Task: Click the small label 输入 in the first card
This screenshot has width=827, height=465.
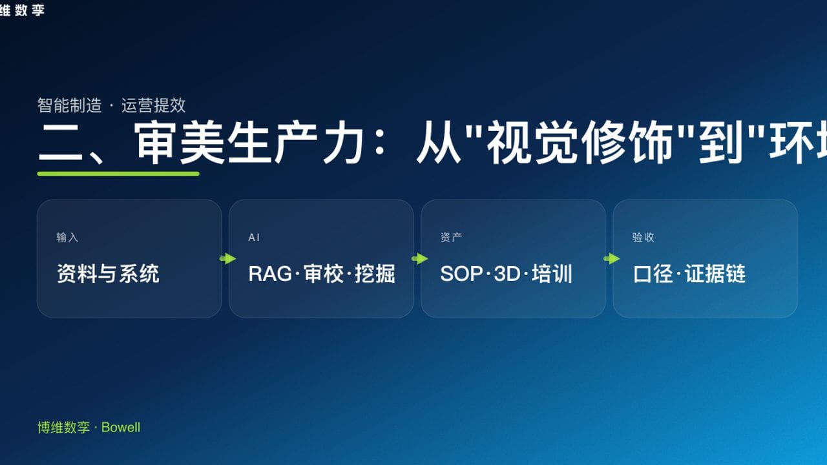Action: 67,238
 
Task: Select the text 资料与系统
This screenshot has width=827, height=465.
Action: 108,274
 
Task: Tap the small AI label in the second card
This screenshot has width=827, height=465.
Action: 254,238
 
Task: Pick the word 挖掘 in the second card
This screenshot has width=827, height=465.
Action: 375,274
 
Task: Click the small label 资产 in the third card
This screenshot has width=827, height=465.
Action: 451,238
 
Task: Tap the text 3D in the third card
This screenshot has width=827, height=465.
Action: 507,274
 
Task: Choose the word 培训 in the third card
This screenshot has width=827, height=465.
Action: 552,274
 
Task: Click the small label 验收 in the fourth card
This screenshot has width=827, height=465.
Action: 643,238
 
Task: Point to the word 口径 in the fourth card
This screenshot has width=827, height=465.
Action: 653,274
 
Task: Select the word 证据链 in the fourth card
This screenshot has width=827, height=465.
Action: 715,274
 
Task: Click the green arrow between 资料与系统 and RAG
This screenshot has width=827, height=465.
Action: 227,259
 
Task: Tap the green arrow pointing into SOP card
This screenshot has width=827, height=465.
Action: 419,259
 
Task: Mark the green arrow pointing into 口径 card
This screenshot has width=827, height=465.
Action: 611,259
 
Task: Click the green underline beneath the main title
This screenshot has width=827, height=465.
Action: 118,173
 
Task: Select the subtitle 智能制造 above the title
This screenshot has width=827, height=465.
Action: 69,105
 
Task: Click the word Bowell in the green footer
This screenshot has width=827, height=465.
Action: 121,428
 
